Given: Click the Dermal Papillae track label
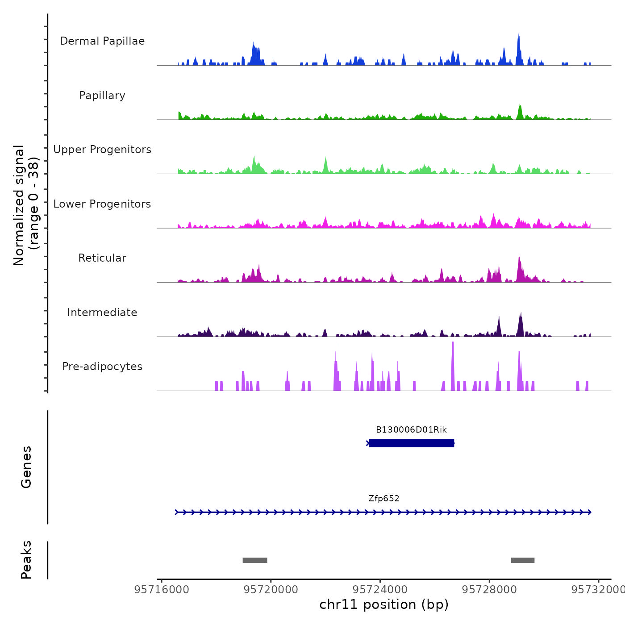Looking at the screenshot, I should (102, 41).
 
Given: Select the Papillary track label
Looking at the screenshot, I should (102, 96).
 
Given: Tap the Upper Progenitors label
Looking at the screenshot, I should (102, 150).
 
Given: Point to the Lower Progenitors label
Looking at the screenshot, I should (102, 204).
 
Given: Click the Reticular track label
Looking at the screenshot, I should (102, 258).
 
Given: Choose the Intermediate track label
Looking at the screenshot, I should (102, 312).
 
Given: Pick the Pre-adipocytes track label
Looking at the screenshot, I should (102, 367).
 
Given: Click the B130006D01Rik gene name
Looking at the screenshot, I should (411, 430).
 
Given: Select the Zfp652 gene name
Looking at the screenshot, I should (383, 499).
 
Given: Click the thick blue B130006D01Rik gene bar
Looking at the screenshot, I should (411, 443).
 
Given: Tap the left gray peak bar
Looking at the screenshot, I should (255, 560).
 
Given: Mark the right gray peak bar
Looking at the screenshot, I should (523, 560).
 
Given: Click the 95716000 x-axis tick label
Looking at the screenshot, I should (162, 590).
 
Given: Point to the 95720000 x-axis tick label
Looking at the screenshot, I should (271, 590).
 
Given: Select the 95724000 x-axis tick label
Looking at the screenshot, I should (380, 590).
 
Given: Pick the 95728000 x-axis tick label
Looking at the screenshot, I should (489, 590).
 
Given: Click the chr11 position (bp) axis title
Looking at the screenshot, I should (384, 604).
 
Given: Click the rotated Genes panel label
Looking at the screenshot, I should (26, 467).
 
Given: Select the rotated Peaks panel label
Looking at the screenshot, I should (26, 560).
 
